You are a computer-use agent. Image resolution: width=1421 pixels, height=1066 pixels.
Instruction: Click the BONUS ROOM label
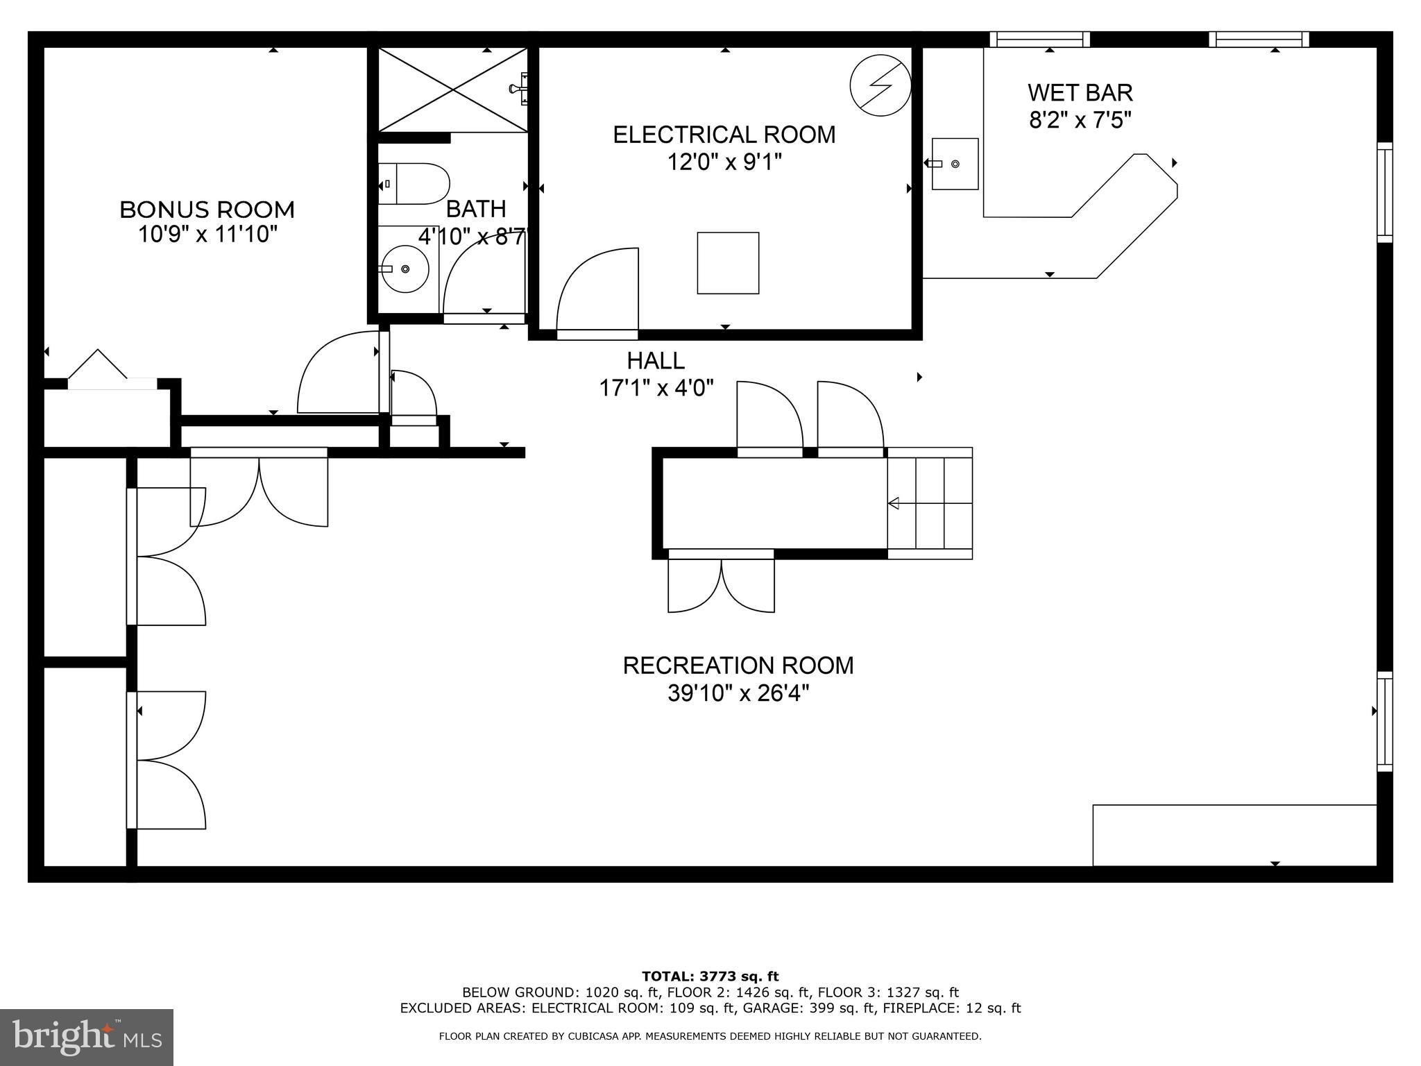(x=207, y=210)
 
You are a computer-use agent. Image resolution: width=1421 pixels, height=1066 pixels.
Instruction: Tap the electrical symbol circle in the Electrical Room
(x=880, y=85)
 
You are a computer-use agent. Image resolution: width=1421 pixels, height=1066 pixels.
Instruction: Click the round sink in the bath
(x=405, y=269)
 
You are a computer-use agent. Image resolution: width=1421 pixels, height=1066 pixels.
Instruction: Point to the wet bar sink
(x=954, y=164)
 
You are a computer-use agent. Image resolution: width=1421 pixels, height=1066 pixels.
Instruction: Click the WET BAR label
(x=1080, y=92)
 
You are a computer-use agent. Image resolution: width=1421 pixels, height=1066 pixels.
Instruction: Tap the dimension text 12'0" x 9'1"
(x=724, y=162)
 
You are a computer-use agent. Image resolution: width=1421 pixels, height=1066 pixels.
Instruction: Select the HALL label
(x=656, y=361)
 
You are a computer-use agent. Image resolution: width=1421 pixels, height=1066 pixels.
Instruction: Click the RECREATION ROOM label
(x=738, y=665)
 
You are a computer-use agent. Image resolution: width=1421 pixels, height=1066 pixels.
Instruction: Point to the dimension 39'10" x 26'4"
(x=738, y=693)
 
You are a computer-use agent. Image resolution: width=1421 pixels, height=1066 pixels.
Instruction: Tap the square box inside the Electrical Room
(x=728, y=263)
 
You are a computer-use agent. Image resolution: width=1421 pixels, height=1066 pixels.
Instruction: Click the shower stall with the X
(x=452, y=90)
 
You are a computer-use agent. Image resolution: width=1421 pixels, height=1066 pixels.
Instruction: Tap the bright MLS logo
(x=87, y=1038)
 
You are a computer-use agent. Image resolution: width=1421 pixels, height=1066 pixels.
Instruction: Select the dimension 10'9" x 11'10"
(x=207, y=235)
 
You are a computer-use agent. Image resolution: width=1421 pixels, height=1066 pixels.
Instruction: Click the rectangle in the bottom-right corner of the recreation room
(x=1234, y=836)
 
